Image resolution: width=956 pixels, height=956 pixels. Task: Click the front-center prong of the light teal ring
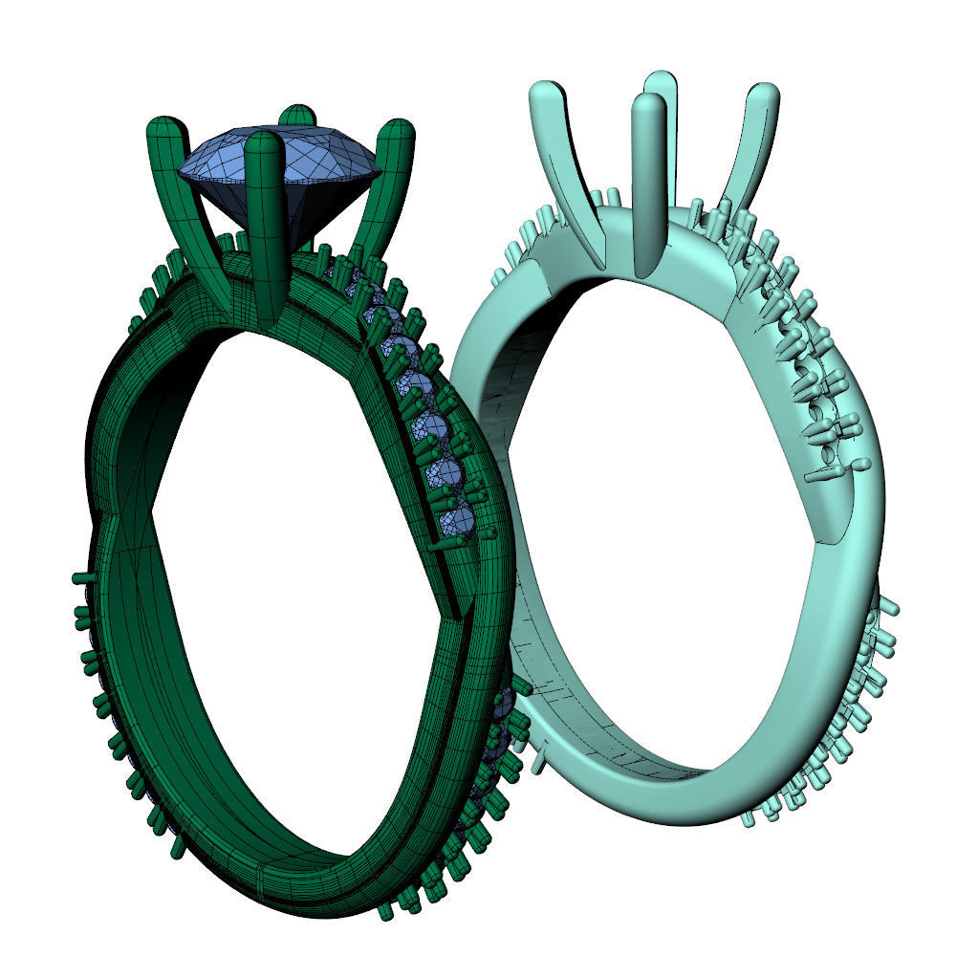pyautogui.click(x=648, y=182)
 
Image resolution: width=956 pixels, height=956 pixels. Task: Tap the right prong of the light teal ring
pyautogui.click(x=750, y=143)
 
